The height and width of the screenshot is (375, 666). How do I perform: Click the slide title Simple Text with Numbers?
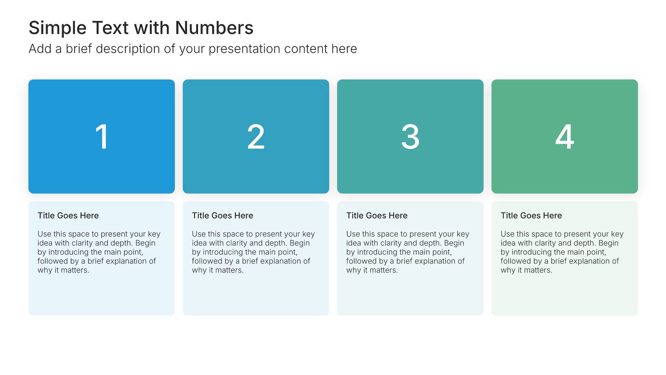click(141, 28)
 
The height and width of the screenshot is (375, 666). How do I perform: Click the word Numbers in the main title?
click(214, 28)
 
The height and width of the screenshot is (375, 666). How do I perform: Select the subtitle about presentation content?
click(193, 49)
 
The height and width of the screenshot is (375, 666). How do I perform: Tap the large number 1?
click(102, 137)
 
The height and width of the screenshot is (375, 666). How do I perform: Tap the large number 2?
click(256, 137)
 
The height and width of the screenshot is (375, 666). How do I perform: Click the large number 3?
click(410, 137)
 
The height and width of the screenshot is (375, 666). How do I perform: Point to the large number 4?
click(565, 137)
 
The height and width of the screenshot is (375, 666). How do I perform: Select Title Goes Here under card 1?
click(68, 216)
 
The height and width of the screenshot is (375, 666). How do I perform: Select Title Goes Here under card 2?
click(223, 216)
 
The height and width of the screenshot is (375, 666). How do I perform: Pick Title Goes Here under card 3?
click(377, 216)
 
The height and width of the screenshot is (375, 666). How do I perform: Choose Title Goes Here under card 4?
click(531, 216)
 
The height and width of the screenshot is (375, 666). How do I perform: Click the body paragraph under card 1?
click(99, 252)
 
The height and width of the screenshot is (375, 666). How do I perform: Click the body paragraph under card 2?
click(254, 252)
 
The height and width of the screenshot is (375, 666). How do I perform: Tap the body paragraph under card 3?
click(408, 252)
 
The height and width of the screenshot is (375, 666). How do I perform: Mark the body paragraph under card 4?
click(562, 252)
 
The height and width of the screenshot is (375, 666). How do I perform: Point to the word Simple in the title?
click(58, 28)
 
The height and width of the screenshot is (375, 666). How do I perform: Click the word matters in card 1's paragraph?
click(75, 270)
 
